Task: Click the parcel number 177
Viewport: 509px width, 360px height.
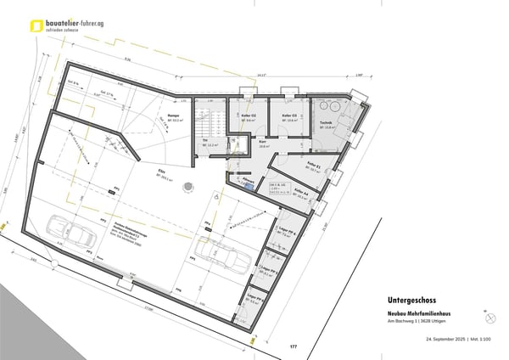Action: [x=294, y=347]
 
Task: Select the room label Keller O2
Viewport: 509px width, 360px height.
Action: [x=249, y=115]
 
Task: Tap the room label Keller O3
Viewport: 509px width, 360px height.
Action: [x=289, y=115]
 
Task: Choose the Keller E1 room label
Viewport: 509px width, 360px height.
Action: [x=313, y=164]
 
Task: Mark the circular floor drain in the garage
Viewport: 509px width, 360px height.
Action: [x=220, y=194]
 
